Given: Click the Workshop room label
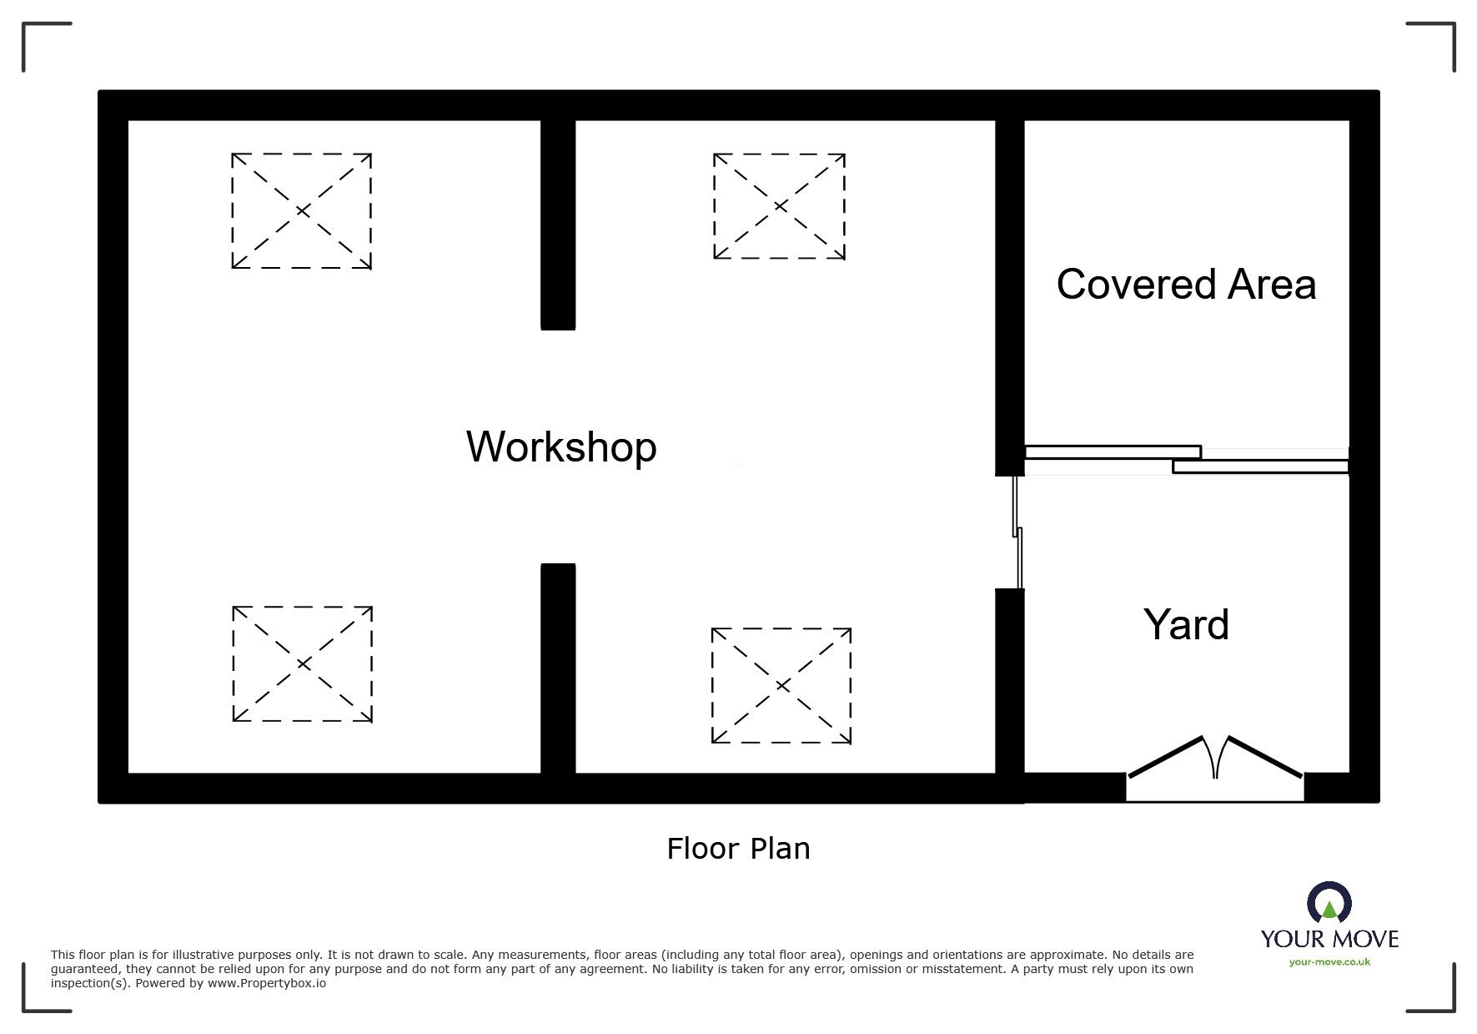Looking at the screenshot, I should [x=561, y=446].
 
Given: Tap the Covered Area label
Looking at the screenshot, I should [x=1186, y=285].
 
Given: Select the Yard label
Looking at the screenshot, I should [x=1186, y=625].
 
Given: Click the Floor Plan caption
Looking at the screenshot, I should [x=738, y=849].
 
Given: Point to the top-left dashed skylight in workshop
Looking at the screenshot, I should [x=301, y=211].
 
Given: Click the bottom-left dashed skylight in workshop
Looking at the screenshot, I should [x=302, y=664].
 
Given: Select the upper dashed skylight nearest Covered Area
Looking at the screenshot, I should [x=779, y=206].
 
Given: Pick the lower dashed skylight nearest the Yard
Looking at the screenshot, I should [x=781, y=686].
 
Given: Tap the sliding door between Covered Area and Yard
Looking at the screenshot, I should [x=1186, y=460].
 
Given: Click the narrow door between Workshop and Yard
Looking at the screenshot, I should [x=1017, y=532].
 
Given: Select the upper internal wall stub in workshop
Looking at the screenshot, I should [x=558, y=225].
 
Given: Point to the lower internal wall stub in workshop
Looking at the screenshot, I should [x=558, y=668].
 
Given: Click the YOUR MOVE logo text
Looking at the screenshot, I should [x=1329, y=940].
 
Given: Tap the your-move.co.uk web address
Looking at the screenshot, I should [x=1329, y=962].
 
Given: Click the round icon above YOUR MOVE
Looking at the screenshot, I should [x=1329, y=902].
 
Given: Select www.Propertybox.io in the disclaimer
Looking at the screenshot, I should [x=267, y=984].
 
